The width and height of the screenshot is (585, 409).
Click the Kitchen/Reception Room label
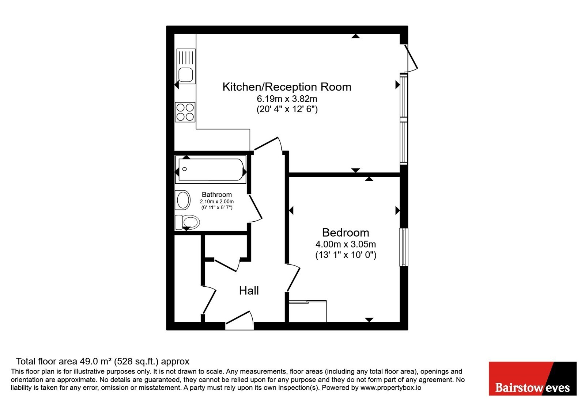(287, 87)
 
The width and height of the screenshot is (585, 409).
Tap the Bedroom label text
(346, 232)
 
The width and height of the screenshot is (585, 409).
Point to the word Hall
(249, 291)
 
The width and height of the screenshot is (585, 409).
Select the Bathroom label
(217, 195)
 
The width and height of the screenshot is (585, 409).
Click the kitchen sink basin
(186, 75)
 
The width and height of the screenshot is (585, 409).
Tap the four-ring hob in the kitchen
(185, 112)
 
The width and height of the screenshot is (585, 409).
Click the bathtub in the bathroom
(211, 169)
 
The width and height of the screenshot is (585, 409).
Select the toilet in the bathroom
(187, 222)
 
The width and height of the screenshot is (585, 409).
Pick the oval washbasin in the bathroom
(183, 200)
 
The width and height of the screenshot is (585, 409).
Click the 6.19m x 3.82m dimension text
(287, 99)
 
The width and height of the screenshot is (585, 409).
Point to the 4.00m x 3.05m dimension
(346, 244)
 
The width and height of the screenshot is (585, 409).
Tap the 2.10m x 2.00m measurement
(217, 202)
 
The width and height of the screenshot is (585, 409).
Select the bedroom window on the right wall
(404, 247)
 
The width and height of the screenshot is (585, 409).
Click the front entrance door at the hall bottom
(239, 321)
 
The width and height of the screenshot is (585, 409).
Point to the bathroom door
(256, 209)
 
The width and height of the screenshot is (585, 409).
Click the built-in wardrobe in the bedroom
(307, 311)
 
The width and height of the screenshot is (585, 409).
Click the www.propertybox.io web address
(391, 387)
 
